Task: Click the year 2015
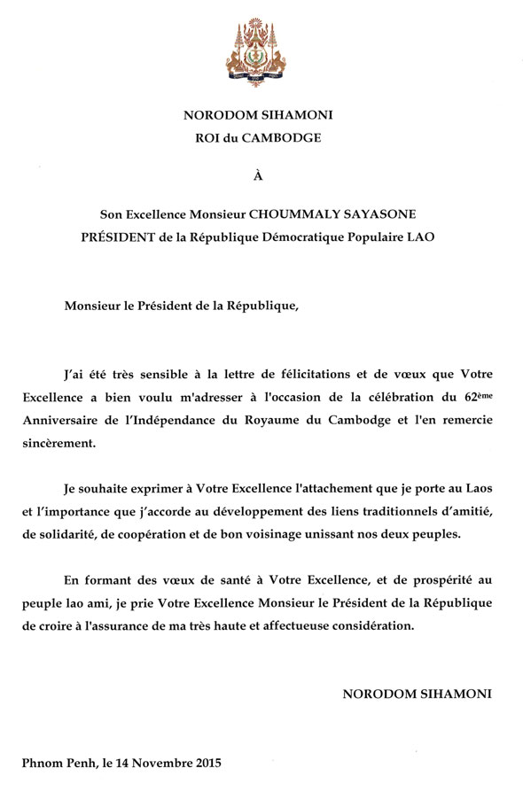tap(206, 763)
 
